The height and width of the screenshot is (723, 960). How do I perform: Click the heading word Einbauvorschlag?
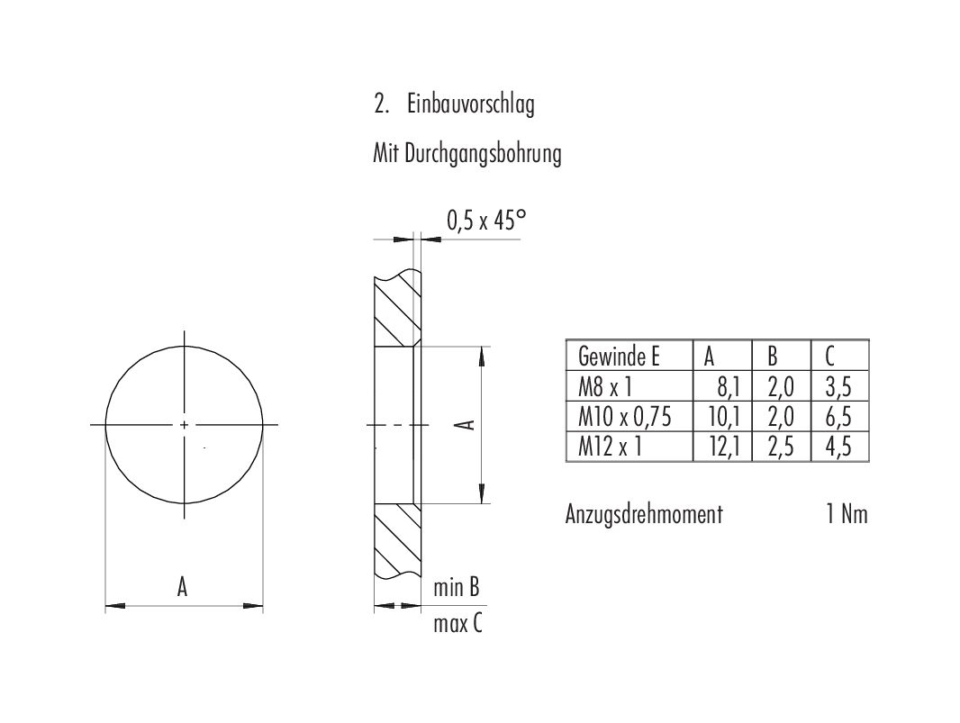click(470, 105)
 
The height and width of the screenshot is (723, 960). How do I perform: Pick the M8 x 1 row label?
click(604, 388)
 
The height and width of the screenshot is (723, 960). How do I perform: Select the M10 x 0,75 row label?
click(624, 417)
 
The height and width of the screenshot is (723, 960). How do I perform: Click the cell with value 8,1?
click(728, 388)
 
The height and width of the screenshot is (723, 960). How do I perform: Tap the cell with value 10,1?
click(723, 417)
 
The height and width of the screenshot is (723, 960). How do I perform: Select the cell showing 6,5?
click(838, 417)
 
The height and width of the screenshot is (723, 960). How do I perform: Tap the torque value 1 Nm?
click(847, 514)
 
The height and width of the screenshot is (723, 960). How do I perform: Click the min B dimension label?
click(456, 588)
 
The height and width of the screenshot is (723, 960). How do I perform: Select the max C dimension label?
click(457, 622)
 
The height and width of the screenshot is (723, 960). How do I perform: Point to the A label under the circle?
click(183, 587)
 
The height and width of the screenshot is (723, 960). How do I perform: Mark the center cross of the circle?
click(185, 424)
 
